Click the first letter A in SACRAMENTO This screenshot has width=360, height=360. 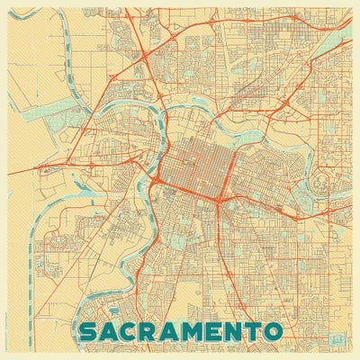click(112, 330)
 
